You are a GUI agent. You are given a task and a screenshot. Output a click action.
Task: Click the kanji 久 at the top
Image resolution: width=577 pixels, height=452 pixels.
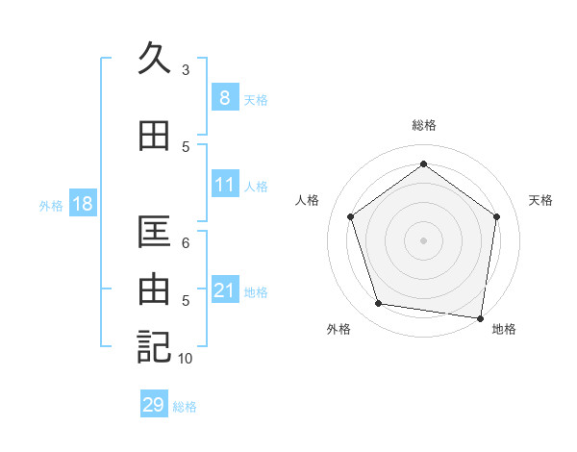(x=155, y=59)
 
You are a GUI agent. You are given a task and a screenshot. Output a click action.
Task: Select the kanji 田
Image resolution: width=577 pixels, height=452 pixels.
(x=155, y=136)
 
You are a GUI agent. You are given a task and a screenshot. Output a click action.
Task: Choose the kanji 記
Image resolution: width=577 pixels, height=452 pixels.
(x=155, y=346)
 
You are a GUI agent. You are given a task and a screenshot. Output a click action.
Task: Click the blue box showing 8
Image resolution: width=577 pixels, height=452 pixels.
(x=224, y=97)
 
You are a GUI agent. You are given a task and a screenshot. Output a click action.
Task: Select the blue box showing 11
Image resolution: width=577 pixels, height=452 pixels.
(x=224, y=185)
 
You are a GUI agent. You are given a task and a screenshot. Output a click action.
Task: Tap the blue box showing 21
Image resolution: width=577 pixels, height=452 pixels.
(x=224, y=290)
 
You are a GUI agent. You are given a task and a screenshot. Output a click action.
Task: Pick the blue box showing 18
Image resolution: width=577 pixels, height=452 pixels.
(x=82, y=204)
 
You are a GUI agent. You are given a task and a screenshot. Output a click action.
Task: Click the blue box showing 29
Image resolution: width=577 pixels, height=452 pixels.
(x=154, y=405)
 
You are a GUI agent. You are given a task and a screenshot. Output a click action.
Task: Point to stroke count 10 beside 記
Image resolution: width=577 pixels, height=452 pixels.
(x=186, y=359)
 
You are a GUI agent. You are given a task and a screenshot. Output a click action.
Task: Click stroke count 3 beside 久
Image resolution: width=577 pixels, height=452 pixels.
(x=186, y=69)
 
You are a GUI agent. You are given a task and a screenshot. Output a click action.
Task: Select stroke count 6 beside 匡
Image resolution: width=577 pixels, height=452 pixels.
(x=186, y=243)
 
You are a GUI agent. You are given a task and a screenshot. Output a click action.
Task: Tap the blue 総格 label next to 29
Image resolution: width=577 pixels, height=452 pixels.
(x=185, y=407)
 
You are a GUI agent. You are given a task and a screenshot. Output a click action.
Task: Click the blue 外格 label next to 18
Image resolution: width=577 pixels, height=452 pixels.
(x=51, y=205)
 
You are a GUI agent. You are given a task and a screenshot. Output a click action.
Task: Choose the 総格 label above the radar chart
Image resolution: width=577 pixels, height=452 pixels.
(x=423, y=125)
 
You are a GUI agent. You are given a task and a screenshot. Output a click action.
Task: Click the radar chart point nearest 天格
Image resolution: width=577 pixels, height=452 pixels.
(x=496, y=216)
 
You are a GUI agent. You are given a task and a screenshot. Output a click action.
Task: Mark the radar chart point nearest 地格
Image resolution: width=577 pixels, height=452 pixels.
(x=480, y=317)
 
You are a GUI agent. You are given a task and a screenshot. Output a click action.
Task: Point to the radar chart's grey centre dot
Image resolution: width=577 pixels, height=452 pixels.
(x=423, y=239)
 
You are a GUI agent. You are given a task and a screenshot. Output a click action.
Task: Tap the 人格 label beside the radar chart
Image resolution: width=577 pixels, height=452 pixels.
(x=308, y=200)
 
